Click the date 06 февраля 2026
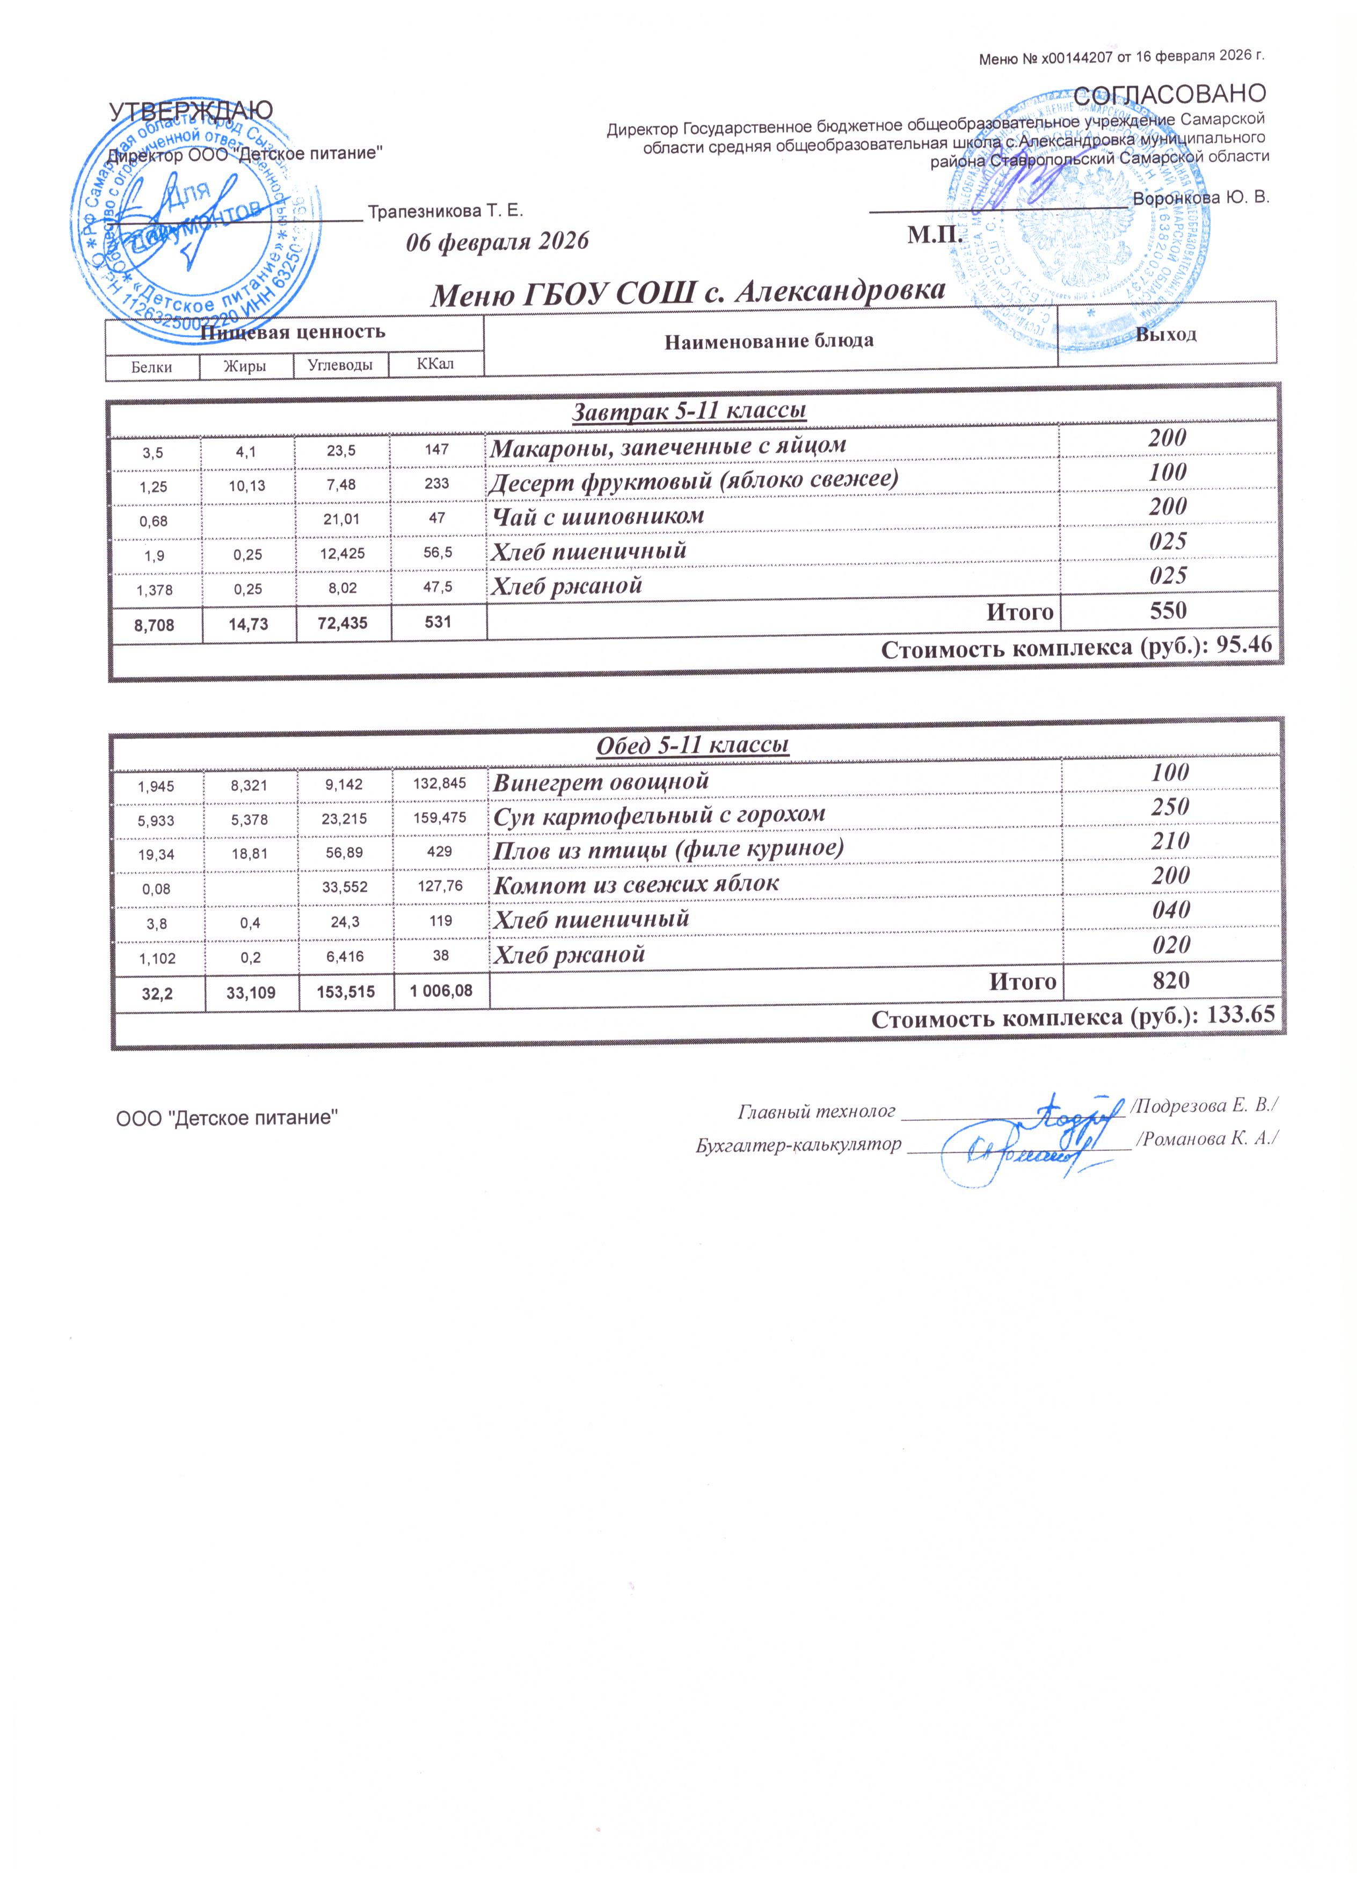(497, 242)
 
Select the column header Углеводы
(340, 365)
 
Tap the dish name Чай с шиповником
(596, 516)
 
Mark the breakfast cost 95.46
(1244, 647)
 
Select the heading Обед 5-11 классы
(693, 745)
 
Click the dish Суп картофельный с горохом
(660, 813)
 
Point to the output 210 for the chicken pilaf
(1170, 841)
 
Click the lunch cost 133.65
(1238, 1017)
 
